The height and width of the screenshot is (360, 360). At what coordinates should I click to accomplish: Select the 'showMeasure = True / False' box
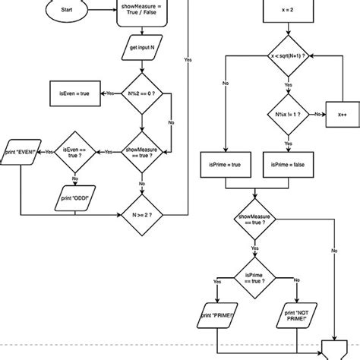[142, 13]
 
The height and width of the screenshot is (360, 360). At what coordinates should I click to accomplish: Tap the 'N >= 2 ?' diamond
[142, 214]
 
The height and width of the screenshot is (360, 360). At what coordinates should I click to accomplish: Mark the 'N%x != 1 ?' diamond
[287, 115]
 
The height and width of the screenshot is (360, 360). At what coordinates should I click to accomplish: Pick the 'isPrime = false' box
[287, 163]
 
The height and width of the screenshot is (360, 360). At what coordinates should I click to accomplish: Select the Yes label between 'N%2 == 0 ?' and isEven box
[110, 93]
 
